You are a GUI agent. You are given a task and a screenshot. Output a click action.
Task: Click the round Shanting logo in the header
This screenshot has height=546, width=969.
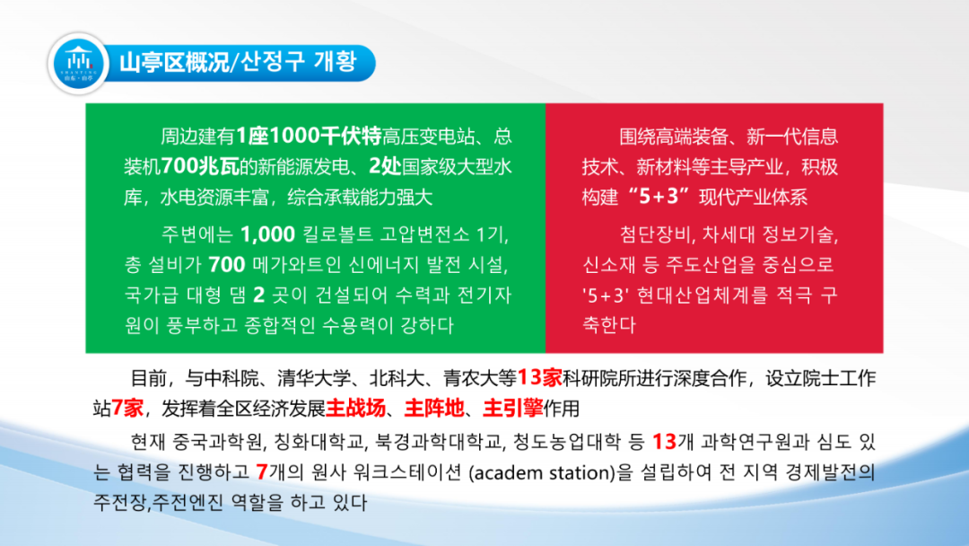point(79,64)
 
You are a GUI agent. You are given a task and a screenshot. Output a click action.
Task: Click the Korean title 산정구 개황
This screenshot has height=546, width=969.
point(299,62)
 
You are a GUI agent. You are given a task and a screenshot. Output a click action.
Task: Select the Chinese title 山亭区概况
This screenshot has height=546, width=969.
point(174,63)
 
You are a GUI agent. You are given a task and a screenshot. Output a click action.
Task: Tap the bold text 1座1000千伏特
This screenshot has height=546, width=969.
point(309,136)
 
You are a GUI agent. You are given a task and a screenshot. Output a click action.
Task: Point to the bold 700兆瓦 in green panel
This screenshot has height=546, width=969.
point(199,166)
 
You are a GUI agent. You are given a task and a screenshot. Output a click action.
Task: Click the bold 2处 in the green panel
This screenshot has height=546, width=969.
point(385,166)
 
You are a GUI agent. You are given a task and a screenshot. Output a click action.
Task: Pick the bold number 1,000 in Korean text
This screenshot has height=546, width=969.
point(267,234)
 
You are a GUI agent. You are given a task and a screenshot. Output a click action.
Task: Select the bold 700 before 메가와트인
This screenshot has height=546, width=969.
point(227,265)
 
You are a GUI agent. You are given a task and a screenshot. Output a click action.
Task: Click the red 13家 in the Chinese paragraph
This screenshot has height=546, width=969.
point(539,377)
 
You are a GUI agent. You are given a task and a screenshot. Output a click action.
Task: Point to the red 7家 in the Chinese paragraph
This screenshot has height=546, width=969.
point(127,408)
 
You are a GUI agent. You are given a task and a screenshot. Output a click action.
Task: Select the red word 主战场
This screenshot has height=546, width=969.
point(355,408)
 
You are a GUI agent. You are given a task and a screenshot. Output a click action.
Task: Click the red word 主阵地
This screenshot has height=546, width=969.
point(434,408)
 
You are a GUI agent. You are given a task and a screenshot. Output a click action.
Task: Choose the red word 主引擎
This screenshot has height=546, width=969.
point(513,408)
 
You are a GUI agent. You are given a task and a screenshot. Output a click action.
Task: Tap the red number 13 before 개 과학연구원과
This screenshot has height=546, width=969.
point(664,442)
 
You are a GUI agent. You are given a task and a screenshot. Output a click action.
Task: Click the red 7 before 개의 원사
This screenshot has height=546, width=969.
point(261,472)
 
